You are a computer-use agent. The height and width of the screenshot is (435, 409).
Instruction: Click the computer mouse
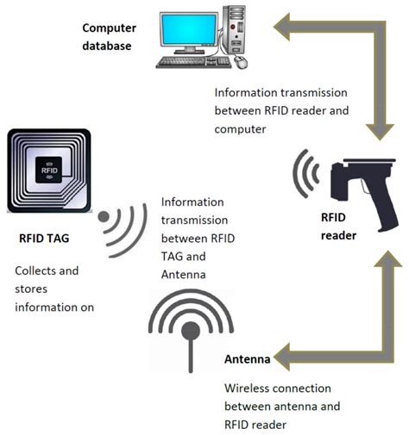click(240, 63)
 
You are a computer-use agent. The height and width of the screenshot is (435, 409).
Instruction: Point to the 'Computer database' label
click(107, 37)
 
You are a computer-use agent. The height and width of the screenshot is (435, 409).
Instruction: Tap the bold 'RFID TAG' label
click(43, 240)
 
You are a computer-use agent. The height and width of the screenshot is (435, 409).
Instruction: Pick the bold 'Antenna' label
click(248, 359)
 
